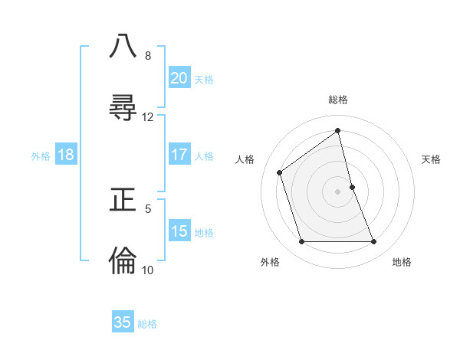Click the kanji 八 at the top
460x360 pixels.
123,46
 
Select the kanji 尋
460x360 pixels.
123,107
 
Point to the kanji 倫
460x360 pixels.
123,260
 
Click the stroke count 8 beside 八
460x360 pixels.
147,56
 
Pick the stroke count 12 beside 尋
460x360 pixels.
148,117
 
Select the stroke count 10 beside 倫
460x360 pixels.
148,270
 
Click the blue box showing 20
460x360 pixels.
179,77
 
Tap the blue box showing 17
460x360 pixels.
179,155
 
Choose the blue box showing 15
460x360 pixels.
179,231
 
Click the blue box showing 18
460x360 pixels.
66,155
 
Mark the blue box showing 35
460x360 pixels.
123,322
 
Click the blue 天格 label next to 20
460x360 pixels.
204,80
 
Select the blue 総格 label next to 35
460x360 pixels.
148,325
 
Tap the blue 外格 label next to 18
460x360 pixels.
41,156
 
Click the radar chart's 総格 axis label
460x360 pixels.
338,100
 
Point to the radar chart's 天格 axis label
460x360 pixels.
432,159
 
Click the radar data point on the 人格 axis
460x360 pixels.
280,172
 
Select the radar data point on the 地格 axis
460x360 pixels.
374,242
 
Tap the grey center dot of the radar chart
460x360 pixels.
338,191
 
